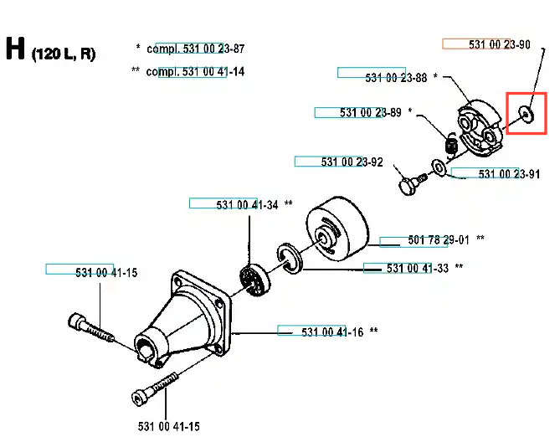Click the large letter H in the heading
tap(15, 49)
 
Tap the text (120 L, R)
tap(64, 54)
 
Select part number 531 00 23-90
tap(499, 44)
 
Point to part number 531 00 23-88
tap(396, 78)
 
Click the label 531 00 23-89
tap(371, 112)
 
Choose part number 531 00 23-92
tap(352, 162)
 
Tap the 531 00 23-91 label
tap(509, 174)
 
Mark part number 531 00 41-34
tap(247, 205)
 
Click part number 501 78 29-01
tap(439, 240)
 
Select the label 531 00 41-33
tap(418, 268)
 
